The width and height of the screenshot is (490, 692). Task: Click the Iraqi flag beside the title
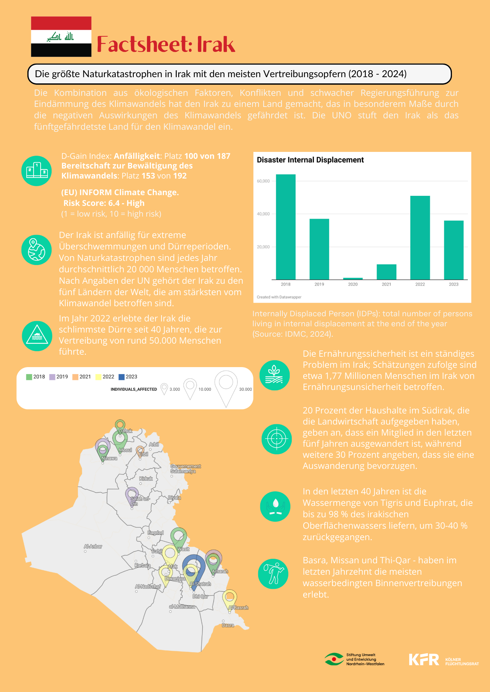[x=61, y=37]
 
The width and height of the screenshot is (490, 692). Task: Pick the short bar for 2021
[x=386, y=272]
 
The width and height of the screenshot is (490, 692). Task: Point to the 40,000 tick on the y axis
[x=263, y=214]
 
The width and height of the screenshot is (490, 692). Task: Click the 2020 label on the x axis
[x=353, y=284]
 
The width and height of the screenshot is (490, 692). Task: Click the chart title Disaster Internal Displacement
[x=310, y=160]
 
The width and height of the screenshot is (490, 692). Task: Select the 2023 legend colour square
[x=121, y=377]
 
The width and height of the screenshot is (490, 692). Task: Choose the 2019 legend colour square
[x=52, y=377]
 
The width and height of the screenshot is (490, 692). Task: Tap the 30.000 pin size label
[x=245, y=389]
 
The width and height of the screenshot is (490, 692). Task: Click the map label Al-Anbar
[x=93, y=546]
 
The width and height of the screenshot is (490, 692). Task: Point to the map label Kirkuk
[x=146, y=479]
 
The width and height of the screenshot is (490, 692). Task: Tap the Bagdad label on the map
[x=155, y=533]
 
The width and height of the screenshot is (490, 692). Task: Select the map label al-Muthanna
[x=182, y=607]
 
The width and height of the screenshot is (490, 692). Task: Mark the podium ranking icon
[x=36, y=171]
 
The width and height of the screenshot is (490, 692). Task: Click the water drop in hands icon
[x=275, y=506]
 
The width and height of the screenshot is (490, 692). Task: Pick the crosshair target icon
[x=277, y=439]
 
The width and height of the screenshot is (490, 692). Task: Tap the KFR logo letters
[x=424, y=659]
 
